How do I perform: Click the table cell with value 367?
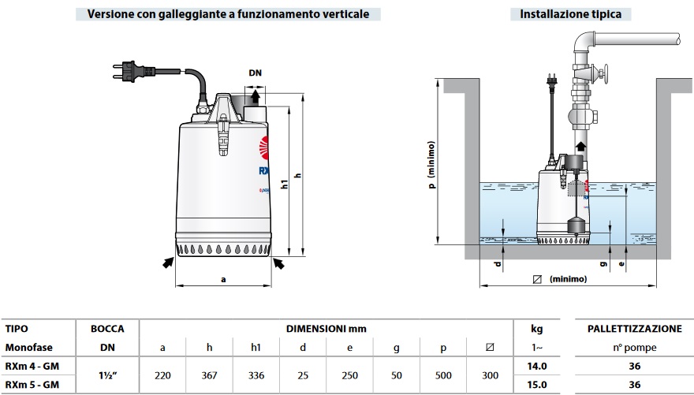pyautogui.click(x=209, y=376)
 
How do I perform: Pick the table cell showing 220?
pyautogui.click(x=162, y=376)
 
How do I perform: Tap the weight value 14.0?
pyautogui.click(x=536, y=367)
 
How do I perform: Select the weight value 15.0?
pyautogui.click(x=536, y=386)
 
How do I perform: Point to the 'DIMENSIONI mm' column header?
pyautogui.click(x=326, y=329)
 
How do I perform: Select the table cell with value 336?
pyautogui.click(x=256, y=376)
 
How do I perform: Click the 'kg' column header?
pyautogui.click(x=536, y=329)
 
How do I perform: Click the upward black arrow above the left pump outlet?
pyautogui.click(x=255, y=96)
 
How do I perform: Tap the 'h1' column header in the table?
pyautogui.click(x=256, y=348)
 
